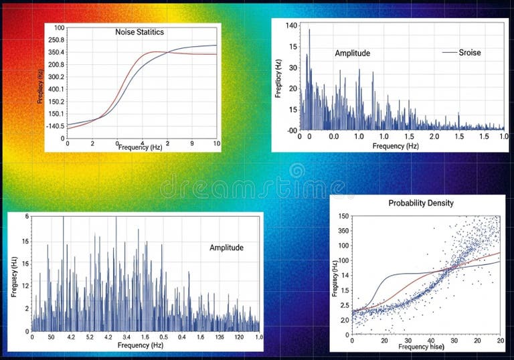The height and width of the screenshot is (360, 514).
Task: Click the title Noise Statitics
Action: [x=140, y=31]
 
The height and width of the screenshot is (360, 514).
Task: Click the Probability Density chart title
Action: [x=421, y=203]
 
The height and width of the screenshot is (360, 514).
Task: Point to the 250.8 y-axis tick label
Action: [x=56, y=39]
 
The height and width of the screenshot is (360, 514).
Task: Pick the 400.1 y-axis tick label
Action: [x=56, y=89]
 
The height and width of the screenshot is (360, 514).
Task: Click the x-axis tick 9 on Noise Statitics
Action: [x=191, y=144]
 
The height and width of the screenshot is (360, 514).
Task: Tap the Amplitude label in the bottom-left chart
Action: [x=226, y=248]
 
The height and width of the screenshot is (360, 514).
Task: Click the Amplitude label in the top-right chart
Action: [x=352, y=53]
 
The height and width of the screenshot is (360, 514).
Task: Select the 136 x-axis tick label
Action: [x=219, y=337]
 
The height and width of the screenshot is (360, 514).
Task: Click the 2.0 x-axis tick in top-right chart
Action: [x=434, y=137]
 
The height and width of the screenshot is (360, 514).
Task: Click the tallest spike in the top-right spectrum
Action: [x=309, y=30]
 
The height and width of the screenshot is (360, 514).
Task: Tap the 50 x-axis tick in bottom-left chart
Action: [x=52, y=337]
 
